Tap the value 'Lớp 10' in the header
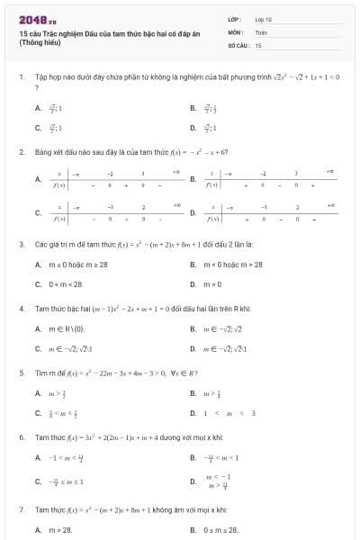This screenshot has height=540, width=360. (x=264, y=18)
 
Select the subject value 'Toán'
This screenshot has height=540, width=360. (x=261, y=31)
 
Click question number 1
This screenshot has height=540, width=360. (x=21, y=77)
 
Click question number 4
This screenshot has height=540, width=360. (x=21, y=309)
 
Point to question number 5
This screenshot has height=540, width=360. (x=21, y=372)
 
